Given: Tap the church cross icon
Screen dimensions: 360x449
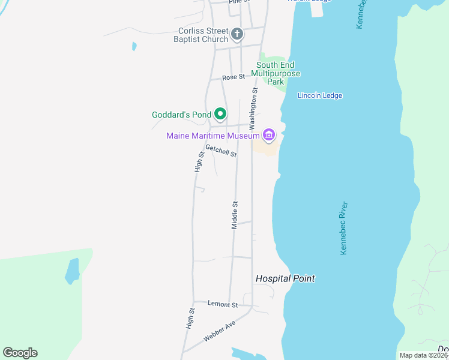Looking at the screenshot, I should coord(237,34).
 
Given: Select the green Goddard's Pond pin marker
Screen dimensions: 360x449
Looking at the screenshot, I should coord(220,113).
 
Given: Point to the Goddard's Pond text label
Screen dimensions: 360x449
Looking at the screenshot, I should coord(181,114).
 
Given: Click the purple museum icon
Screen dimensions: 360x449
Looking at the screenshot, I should coord(268,135).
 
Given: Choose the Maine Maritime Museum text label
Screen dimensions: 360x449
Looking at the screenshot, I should coord(212,136).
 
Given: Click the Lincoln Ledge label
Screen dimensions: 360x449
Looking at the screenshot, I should coord(320,95).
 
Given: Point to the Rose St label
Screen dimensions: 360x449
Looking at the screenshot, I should coord(234,77).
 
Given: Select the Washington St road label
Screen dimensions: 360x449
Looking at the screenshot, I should coord(254,106).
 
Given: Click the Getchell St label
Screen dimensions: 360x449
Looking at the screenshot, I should coord(220,151).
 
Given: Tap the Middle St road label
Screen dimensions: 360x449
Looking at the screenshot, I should coord(235,214).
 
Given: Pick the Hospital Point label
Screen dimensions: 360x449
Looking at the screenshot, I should coord(285,278).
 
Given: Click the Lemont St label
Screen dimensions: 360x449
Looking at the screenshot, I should coord(223,304).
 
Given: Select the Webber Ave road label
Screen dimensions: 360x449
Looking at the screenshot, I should coord(219,331).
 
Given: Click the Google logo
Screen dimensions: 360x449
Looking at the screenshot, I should coord(20,353).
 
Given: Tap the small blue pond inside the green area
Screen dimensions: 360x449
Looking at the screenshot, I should coord(72,271).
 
